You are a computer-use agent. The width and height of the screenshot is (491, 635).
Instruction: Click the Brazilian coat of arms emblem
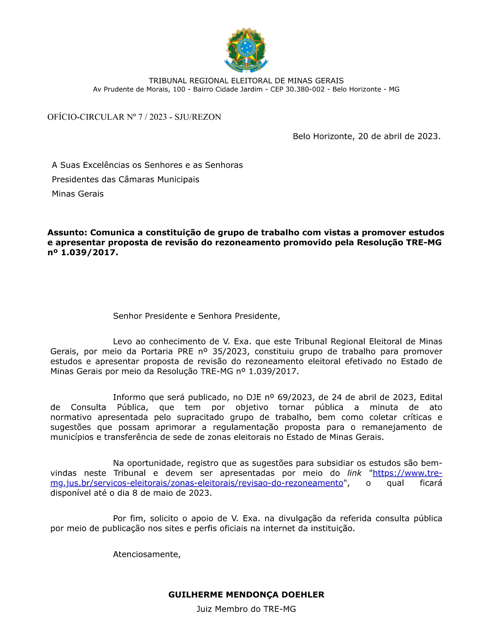click(x=246, y=50)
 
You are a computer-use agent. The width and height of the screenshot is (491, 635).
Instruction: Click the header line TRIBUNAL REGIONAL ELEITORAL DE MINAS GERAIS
click(x=246, y=81)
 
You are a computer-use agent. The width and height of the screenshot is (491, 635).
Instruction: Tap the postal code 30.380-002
click(x=305, y=89)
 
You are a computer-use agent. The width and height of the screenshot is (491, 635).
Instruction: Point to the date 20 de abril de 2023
click(x=399, y=136)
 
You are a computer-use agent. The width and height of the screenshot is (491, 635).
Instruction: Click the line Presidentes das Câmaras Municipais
click(x=126, y=179)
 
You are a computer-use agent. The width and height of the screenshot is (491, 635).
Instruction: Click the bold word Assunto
click(x=67, y=232)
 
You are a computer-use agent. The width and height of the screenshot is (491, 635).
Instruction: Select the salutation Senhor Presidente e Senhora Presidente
click(x=196, y=316)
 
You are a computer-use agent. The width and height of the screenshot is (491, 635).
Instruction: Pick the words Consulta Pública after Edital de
click(x=109, y=407)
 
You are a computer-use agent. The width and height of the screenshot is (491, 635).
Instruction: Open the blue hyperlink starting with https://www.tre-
click(x=407, y=473)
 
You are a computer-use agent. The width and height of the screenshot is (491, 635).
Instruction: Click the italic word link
click(x=354, y=473)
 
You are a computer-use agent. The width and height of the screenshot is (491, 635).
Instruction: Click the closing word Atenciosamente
click(x=146, y=554)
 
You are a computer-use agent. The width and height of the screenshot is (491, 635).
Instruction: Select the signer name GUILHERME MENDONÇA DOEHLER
click(x=246, y=595)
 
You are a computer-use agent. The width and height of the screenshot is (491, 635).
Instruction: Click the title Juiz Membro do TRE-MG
click(x=246, y=609)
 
